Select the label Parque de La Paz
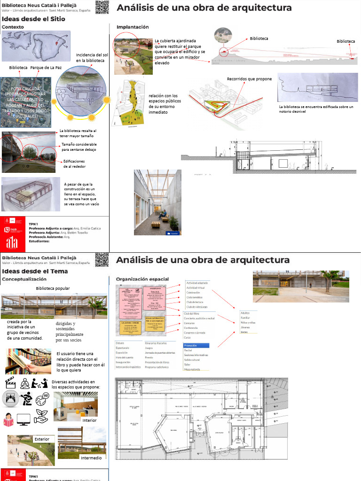pos(46,68)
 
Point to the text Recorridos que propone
pos(249,79)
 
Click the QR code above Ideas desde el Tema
pos(102,260)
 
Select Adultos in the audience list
pos(245,313)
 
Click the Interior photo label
pos(89,420)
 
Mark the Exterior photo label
pos(42,439)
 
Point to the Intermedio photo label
pos(91,458)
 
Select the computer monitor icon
pos(24,418)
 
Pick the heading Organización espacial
pos(142,279)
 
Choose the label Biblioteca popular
pos(53,288)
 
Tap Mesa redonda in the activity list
pos(193,369)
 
